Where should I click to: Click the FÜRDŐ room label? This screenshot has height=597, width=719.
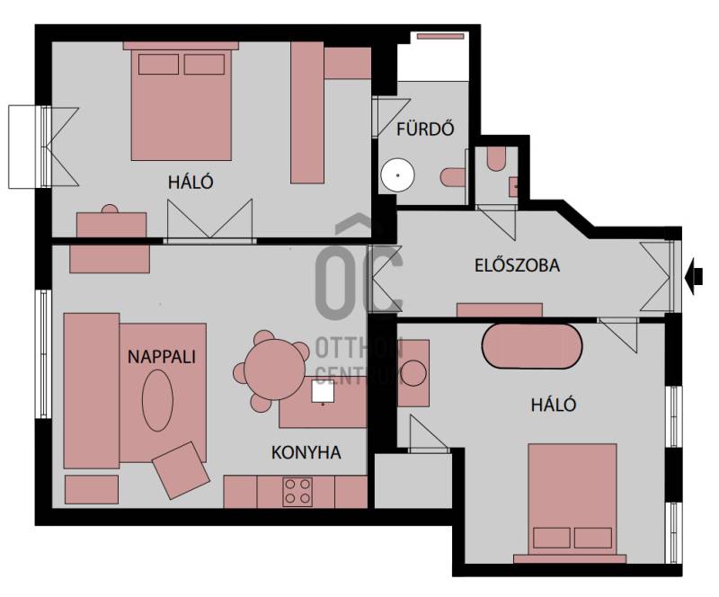(425, 129)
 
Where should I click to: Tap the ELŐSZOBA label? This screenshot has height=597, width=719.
(517, 266)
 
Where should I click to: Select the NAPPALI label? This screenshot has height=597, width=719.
(162, 357)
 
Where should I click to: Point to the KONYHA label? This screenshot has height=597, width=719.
(306, 452)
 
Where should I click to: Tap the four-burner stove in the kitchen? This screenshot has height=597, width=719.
(297, 492)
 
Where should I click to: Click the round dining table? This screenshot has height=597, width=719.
(275, 370)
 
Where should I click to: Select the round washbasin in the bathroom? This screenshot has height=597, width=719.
(397, 174)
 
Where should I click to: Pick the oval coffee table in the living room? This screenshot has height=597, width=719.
(157, 400)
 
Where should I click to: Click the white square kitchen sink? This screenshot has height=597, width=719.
(323, 391)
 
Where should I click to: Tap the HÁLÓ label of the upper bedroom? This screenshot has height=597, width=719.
(191, 183)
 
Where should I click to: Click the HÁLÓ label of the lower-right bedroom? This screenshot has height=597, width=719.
(554, 405)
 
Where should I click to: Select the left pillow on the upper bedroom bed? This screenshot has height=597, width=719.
(158, 64)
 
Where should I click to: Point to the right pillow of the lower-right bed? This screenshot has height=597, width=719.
(593, 538)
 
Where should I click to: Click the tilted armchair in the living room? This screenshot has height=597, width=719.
(181, 470)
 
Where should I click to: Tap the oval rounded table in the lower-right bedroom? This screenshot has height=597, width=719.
(532, 346)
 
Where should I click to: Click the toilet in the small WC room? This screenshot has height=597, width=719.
(496, 159)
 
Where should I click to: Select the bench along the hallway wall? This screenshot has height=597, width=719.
(500, 310)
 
